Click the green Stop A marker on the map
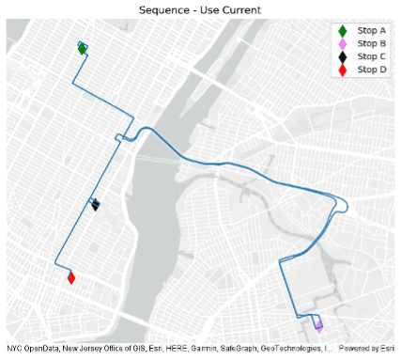83,48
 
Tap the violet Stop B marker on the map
318,326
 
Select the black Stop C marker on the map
95,205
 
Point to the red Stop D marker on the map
71,277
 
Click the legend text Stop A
372,31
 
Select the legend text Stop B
372,44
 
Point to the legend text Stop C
372,56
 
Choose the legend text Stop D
372,70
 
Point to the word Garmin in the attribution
187,349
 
